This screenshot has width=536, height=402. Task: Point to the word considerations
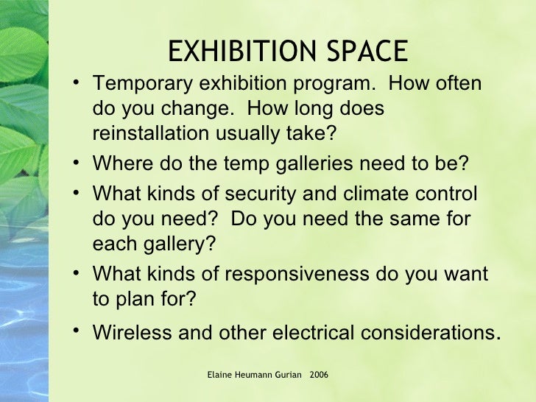pos(423,333)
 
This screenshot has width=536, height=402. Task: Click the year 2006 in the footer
pos(320,375)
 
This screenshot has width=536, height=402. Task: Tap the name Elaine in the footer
pos(220,375)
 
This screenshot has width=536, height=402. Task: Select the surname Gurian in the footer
pos(289,375)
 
